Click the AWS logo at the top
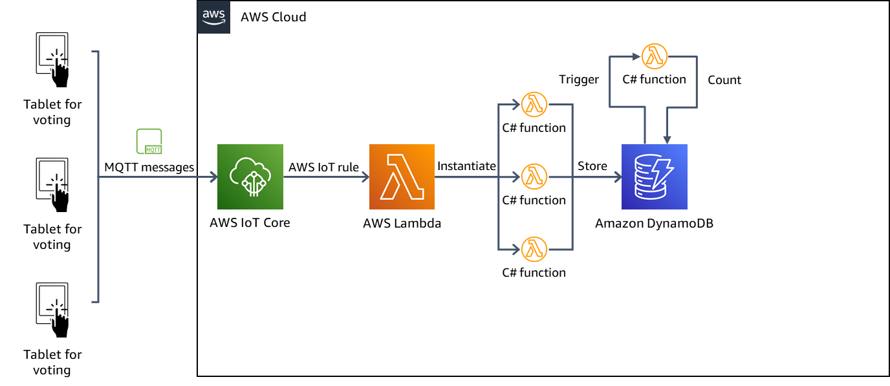pos(213,17)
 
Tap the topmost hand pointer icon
pos(60,72)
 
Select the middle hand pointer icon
pos(60,198)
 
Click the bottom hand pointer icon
pos(60,323)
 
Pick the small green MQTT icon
pos(149,142)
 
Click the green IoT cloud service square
pos(250,177)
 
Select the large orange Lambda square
pos(402,177)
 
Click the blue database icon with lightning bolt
pos(654,177)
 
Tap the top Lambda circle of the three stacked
pos(534,104)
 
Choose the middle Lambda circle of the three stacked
pos(534,177)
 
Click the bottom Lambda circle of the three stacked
pos(534,249)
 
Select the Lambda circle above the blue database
pos(654,56)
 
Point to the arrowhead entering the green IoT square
pos(213,177)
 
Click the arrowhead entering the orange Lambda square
pos(365,177)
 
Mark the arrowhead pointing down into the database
pos(667,140)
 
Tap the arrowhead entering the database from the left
pos(618,177)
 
